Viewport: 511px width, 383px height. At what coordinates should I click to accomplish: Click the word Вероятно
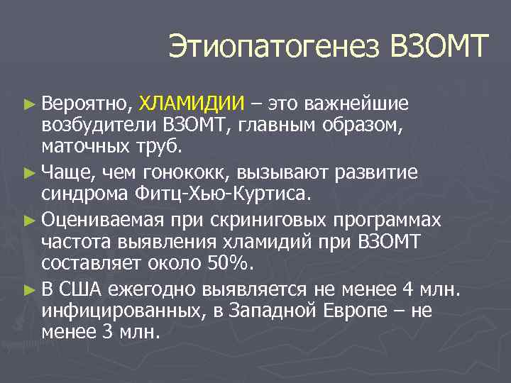86,104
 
